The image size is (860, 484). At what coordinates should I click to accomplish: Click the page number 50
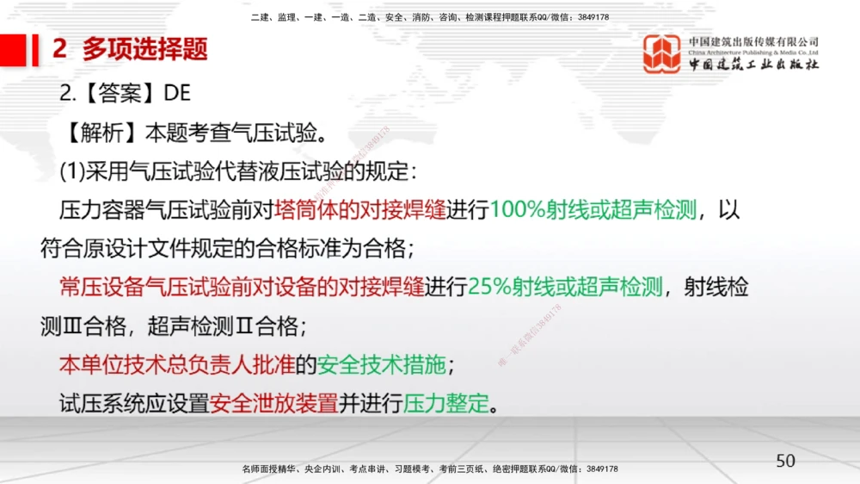pyautogui.click(x=785, y=461)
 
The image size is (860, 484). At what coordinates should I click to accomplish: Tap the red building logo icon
pyautogui.click(x=662, y=53)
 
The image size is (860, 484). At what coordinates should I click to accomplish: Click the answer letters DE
pyautogui.click(x=176, y=94)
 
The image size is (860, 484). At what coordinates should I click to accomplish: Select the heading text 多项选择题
pyautogui.click(x=145, y=49)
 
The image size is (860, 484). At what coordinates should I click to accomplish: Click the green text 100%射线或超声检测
pyautogui.click(x=593, y=210)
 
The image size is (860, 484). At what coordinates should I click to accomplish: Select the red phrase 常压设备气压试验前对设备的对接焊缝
pyautogui.click(x=242, y=288)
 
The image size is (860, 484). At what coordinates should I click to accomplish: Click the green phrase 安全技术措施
pyautogui.click(x=382, y=364)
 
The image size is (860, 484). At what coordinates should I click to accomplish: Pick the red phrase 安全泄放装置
pyautogui.click(x=274, y=403)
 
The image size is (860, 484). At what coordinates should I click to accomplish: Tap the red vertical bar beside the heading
pyautogui.click(x=35, y=49)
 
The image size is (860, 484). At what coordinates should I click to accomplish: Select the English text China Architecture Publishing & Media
pyautogui.click(x=753, y=52)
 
